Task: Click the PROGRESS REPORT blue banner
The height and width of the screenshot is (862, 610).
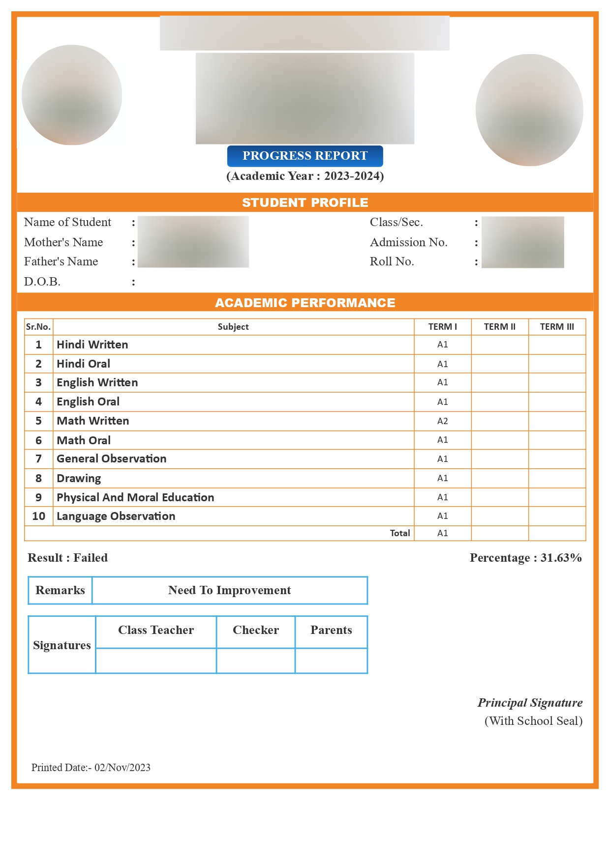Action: pos(305,156)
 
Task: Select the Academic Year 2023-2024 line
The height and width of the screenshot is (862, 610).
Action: pos(305,176)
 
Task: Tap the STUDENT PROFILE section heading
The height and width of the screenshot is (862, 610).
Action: pos(305,202)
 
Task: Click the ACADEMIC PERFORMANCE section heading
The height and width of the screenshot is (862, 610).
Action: pos(305,303)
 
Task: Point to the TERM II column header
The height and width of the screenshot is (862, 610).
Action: pos(499,327)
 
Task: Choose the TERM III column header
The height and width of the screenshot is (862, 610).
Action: pos(557,327)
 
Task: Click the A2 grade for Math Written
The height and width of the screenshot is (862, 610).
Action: pos(443,421)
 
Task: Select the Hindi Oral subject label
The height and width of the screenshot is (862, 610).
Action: pos(84,364)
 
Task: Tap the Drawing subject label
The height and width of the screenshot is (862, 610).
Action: pos(79,478)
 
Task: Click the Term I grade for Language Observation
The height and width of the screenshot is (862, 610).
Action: pos(443,516)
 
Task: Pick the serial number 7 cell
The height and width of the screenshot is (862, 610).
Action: pos(38,459)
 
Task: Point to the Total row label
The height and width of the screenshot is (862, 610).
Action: pos(400,533)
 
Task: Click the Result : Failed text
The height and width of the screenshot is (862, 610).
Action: pos(67,558)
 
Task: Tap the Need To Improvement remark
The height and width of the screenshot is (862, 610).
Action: pos(229,590)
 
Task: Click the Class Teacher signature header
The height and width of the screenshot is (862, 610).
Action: pos(156,630)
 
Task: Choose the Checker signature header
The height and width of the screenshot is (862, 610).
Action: pos(256,630)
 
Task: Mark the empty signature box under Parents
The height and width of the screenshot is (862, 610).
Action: pos(331,661)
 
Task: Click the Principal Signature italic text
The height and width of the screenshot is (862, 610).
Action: pos(530,703)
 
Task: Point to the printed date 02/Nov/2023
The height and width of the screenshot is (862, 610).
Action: pos(122,768)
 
